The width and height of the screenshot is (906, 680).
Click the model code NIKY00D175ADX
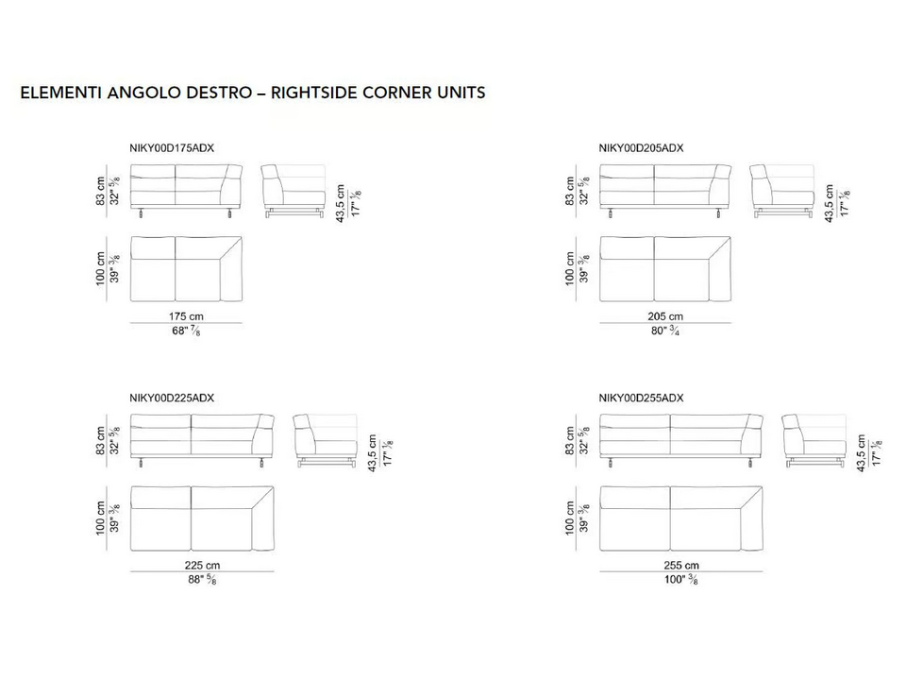(x=172, y=148)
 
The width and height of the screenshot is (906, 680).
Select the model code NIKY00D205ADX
(x=641, y=148)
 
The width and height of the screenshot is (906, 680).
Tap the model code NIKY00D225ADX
(x=172, y=398)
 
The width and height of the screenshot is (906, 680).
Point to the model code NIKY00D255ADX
(x=641, y=398)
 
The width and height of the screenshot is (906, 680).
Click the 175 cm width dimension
(x=186, y=316)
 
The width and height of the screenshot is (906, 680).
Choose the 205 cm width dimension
(x=665, y=316)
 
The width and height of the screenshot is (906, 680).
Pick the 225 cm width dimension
(x=202, y=566)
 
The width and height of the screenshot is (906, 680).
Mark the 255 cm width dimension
(x=681, y=566)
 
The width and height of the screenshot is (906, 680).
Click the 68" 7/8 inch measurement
(x=186, y=331)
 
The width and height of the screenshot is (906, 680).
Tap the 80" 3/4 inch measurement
(x=665, y=331)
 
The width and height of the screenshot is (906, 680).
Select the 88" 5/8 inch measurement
(x=202, y=579)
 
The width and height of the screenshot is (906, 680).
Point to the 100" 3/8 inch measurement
(x=681, y=579)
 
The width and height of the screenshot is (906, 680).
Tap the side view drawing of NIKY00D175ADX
(x=294, y=192)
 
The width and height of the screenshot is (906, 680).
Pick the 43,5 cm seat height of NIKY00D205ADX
(x=830, y=204)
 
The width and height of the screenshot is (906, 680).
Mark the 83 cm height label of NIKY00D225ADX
(x=101, y=441)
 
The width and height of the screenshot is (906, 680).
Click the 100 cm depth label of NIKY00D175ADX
(x=101, y=268)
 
